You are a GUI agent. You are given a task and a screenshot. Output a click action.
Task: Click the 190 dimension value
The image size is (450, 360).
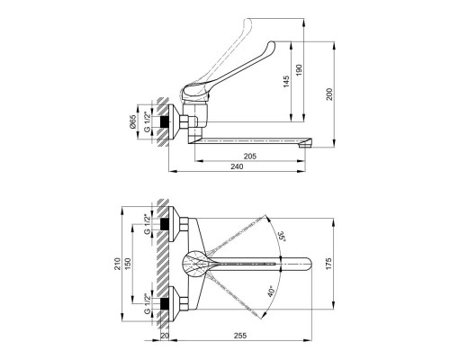click(300, 70)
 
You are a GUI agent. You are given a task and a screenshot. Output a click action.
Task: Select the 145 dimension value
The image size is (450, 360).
click(286, 82)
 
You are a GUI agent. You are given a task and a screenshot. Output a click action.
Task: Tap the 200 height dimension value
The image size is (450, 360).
click(329, 94)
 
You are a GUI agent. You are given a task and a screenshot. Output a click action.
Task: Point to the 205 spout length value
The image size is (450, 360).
click(250, 157)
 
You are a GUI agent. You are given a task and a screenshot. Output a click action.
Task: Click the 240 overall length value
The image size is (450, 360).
click(237, 166)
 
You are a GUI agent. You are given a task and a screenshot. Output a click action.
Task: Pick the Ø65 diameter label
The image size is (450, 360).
click(133, 121)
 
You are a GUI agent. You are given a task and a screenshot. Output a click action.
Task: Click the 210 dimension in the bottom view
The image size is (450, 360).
click(117, 264)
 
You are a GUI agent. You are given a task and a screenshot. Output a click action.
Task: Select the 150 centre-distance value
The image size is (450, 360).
click(128, 264)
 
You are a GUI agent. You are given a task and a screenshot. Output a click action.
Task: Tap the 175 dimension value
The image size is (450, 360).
click(328, 264)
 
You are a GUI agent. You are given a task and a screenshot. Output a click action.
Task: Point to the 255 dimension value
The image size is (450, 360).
click(240, 336)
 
